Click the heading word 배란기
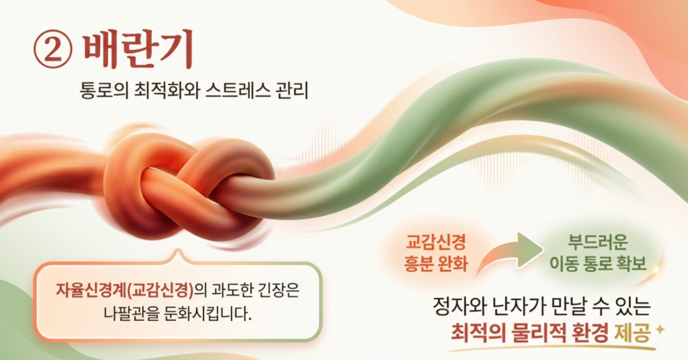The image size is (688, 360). [x=138, y=50]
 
